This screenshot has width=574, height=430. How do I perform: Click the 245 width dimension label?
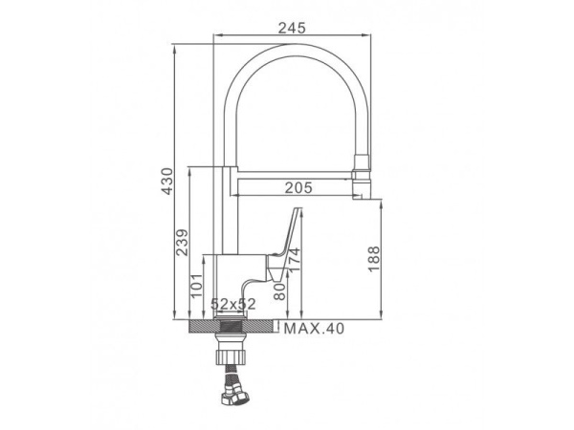click(x=292, y=28)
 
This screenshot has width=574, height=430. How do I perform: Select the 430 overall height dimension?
click(x=166, y=181)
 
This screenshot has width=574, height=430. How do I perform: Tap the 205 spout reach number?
click(x=298, y=187)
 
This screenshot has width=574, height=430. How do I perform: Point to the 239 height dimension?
click(x=182, y=243)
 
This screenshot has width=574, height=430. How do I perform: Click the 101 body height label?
click(x=196, y=285)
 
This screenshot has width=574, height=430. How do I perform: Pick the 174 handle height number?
click(x=294, y=260)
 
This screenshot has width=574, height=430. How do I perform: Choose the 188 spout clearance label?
click(x=374, y=259)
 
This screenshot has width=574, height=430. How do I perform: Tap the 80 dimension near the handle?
click(x=279, y=291)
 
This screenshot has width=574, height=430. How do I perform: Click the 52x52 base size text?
click(x=233, y=304)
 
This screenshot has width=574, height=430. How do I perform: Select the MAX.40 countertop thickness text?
click(x=314, y=329)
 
